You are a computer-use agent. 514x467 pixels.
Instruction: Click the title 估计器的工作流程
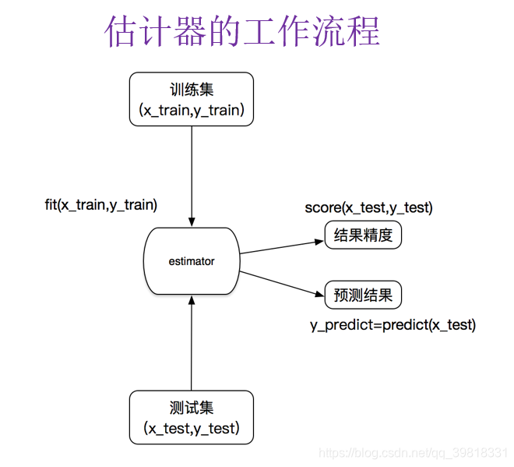[241, 32]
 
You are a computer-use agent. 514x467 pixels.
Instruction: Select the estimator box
[192, 261]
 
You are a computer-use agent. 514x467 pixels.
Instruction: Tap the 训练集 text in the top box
[192, 90]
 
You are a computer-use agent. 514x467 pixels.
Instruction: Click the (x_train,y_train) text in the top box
[192, 111]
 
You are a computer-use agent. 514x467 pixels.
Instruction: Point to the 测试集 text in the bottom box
[192, 407]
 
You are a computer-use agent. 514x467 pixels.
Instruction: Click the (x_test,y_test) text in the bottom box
[192, 428]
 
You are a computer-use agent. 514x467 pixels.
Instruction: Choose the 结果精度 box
[363, 235]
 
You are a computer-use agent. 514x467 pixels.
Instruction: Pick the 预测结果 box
[363, 295]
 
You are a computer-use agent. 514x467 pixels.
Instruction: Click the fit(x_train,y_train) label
[101, 205]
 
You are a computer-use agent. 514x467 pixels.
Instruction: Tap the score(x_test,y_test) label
[368, 208]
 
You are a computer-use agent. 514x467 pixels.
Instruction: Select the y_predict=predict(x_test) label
[393, 324]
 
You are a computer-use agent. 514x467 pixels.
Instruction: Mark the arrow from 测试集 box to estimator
[192, 343]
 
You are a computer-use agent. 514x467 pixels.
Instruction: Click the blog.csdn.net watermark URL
[414, 453]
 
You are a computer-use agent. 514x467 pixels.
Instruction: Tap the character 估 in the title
[121, 32]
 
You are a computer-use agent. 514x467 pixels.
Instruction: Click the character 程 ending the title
[362, 32]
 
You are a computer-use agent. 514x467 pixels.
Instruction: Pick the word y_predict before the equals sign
[339, 324]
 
